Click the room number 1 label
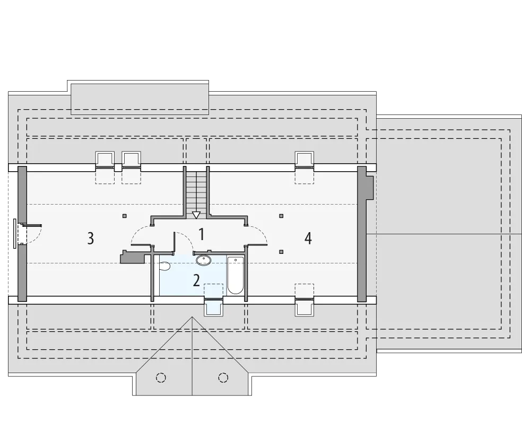pos(201,234)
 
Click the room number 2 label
pos(196,280)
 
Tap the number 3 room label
pos(91,238)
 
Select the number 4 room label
pos(308,238)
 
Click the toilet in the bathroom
pos(165,266)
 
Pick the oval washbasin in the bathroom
pos(203,260)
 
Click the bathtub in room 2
pos(236,276)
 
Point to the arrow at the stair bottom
pos(196,215)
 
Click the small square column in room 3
pos(125,216)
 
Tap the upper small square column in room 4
pos(281,216)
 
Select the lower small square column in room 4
pos(281,252)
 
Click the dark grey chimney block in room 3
pos(132,257)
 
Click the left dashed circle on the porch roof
pos(161,377)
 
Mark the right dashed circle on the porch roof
pos(223,377)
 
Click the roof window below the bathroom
pos(213,306)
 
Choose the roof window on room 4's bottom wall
pos(304,306)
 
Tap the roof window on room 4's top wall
pos(304,160)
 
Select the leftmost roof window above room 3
pos(105,160)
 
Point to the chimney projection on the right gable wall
pos(370,188)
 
